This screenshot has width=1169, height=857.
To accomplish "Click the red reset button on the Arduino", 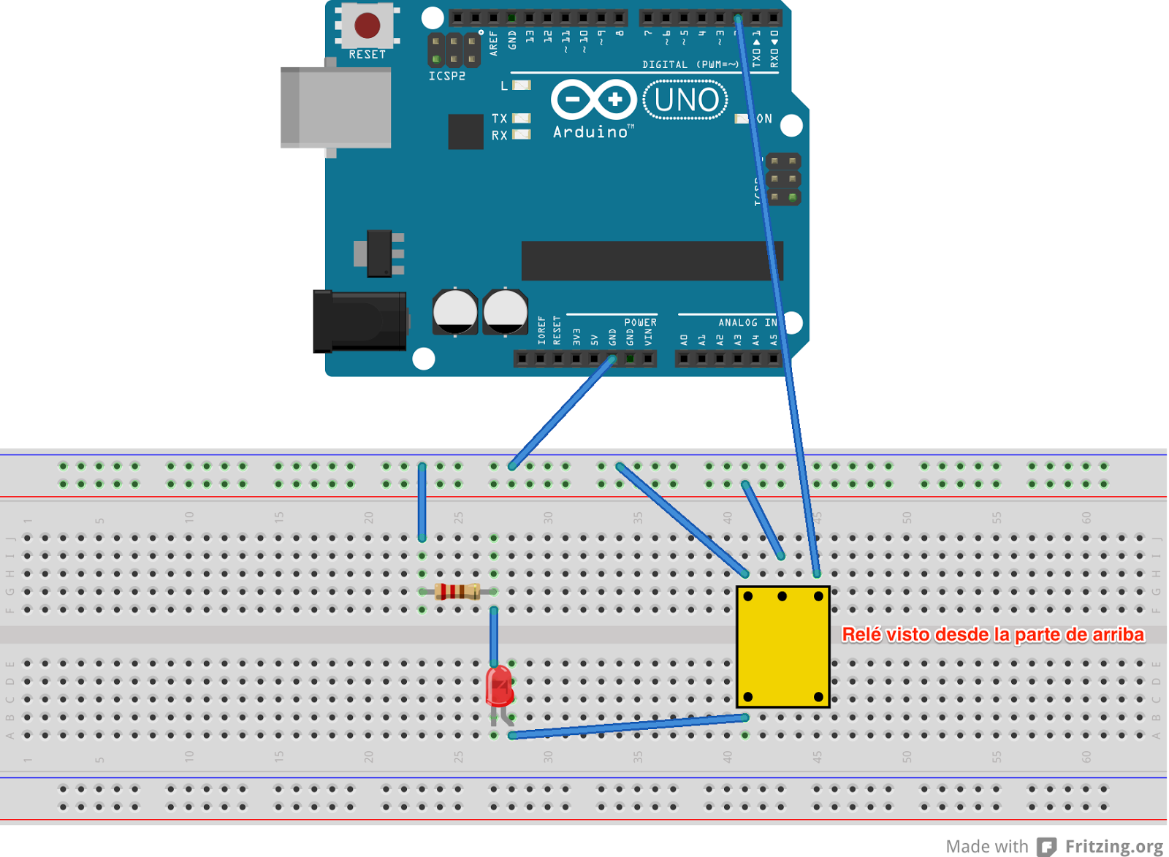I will (x=367, y=26).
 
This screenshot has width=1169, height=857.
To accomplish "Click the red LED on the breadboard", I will (x=500, y=686).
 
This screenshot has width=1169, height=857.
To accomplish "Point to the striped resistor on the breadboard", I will (x=457, y=592).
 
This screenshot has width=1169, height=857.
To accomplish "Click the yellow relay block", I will (x=782, y=647).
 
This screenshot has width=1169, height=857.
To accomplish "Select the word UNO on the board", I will (x=685, y=100).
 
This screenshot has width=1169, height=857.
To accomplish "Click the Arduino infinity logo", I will (x=593, y=99).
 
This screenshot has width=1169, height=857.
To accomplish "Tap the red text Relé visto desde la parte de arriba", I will (x=992, y=634).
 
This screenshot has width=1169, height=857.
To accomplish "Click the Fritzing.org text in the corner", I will (x=1113, y=846).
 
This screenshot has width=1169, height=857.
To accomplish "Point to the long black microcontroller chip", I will (x=651, y=260).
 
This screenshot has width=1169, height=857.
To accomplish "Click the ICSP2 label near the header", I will (x=446, y=76).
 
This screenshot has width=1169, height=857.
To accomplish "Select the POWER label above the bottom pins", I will (x=640, y=322).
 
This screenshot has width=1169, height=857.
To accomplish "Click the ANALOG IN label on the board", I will (x=747, y=322).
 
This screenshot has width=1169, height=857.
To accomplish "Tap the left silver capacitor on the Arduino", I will (x=455, y=312).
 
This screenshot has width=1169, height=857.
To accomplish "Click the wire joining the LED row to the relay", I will (x=628, y=726).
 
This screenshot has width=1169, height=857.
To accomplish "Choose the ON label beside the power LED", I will (x=764, y=118).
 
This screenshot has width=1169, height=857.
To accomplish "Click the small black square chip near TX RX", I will (x=465, y=132).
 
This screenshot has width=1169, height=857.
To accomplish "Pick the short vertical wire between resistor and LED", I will (x=495, y=636).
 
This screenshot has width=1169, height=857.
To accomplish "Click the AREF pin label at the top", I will (x=493, y=43).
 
